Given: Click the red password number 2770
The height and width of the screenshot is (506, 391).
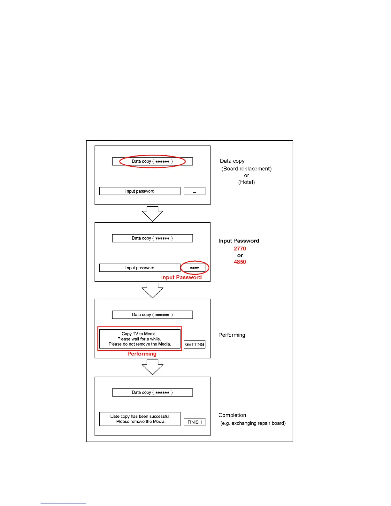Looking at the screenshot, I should (x=240, y=249).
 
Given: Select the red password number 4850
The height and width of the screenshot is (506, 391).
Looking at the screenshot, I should (x=240, y=262).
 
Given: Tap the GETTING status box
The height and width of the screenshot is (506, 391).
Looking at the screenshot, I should (x=195, y=344).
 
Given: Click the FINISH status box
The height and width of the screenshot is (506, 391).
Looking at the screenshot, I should (x=195, y=422).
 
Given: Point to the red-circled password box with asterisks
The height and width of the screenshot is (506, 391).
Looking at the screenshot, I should (x=195, y=268).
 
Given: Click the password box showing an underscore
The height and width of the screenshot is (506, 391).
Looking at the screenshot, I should (x=195, y=191).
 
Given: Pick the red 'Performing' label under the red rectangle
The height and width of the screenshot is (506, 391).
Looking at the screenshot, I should (x=142, y=354).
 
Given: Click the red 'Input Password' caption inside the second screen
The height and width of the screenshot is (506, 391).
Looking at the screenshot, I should (x=181, y=277).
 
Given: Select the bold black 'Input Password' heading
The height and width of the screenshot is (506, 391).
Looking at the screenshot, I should (x=239, y=241).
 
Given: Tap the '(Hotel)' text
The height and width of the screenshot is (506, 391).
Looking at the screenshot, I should (x=246, y=182).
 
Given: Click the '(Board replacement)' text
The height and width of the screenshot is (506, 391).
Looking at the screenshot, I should (x=246, y=169).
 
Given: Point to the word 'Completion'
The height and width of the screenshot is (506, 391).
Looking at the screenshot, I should (x=232, y=415).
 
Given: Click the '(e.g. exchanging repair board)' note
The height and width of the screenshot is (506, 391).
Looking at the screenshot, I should (x=253, y=423).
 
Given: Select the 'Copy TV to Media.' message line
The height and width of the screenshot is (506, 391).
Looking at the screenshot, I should (x=139, y=334).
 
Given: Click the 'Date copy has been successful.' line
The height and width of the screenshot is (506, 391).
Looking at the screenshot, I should (x=140, y=416).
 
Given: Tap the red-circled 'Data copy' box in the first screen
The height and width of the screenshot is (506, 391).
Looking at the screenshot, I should (x=152, y=161).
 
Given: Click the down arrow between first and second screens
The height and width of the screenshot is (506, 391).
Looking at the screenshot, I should (x=152, y=214).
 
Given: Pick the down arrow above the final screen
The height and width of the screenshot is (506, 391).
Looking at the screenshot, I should (x=152, y=367).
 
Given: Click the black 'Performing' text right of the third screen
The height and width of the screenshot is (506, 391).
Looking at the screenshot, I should (x=232, y=335).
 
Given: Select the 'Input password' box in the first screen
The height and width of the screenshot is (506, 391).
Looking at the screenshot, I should (x=140, y=191).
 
